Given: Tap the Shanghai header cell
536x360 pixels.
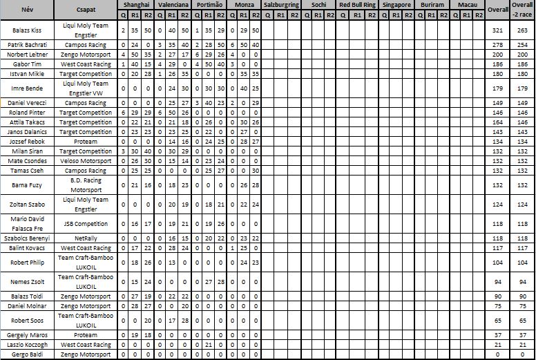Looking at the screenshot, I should point(135,4).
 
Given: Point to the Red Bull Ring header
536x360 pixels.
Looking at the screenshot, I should point(357,4).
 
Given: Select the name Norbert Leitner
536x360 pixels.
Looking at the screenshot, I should point(28,54).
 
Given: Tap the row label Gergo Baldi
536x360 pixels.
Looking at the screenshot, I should point(28,354).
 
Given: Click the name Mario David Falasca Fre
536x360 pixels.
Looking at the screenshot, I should point(28,224).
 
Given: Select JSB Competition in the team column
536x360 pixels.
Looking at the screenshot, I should point(86,224).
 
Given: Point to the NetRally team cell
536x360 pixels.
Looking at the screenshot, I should point(86,238).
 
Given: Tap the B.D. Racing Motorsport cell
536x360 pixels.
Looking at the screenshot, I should point(86,185).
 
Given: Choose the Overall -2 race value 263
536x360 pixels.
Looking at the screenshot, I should point(523,30).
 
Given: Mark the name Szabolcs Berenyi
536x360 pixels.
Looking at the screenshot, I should point(28,238).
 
